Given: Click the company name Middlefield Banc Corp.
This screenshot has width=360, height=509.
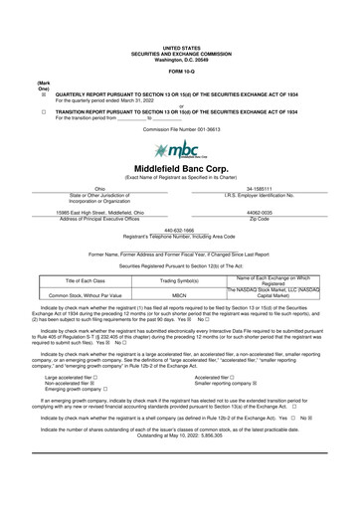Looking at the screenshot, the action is (x=180, y=170).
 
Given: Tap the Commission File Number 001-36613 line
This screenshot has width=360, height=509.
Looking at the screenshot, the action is (x=180, y=129).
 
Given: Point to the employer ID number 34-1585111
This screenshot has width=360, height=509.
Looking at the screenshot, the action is (x=266, y=188).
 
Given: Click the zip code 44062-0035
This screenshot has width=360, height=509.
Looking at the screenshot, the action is (x=266, y=212).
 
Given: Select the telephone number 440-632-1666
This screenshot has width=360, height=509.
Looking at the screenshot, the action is (x=180, y=230).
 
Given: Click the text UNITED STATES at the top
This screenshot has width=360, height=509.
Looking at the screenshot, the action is (x=180, y=47).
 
